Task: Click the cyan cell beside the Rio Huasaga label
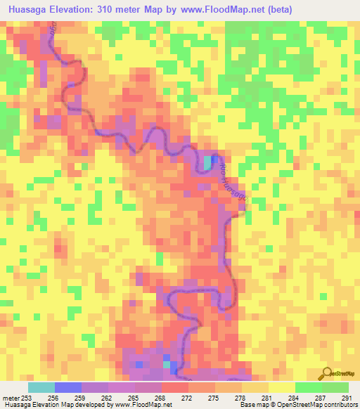[x=207, y=162]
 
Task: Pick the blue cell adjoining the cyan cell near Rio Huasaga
[x=213, y=162]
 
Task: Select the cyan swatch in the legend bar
[x=41, y=387]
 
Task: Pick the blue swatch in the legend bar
[x=68, y=387]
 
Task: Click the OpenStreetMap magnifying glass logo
[x=326, y=372]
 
